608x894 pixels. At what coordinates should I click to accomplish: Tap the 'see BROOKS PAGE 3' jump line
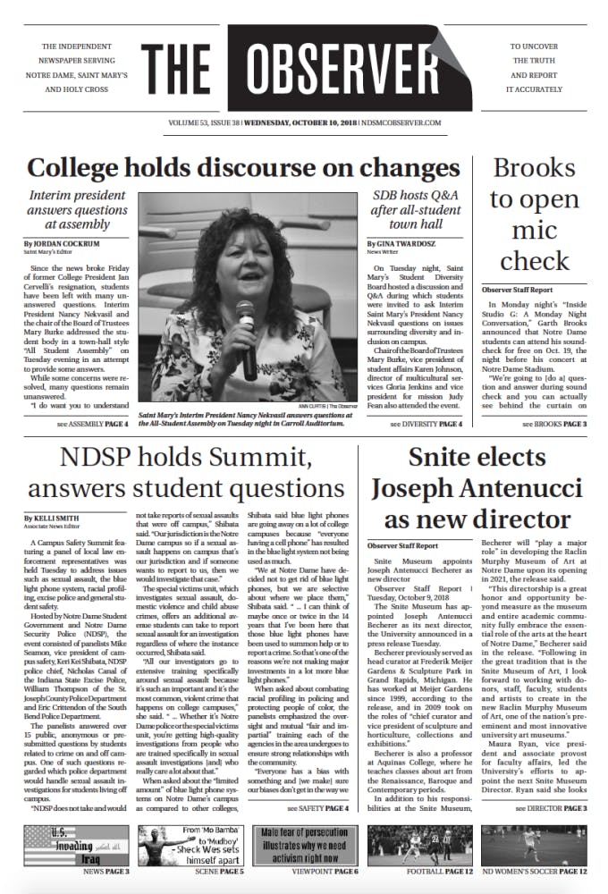(x=547, y=423)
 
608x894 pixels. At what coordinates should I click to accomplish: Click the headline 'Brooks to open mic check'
(x=535, y=215)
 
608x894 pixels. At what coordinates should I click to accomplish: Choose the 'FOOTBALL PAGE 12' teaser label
(x=434, y=871)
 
